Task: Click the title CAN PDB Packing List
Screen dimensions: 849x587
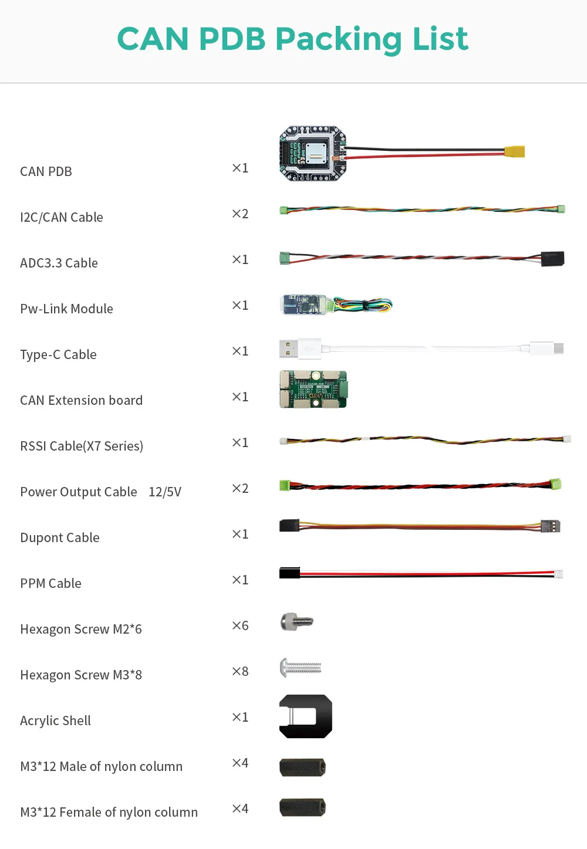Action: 292,39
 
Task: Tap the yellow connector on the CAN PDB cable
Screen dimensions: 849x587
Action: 514,151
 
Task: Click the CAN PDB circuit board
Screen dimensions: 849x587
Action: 312,153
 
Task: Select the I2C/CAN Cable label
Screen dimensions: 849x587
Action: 62,217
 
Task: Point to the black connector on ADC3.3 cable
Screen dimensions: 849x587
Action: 552,259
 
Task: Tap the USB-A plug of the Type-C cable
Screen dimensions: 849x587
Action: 288,349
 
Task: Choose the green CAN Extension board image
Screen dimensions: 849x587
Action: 313,389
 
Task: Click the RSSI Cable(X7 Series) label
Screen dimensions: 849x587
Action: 82,446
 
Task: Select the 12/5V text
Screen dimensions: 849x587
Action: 165,492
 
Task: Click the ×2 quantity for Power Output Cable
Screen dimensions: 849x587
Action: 240,488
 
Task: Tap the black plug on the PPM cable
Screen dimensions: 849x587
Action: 289,573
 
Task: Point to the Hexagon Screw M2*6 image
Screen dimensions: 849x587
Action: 296,621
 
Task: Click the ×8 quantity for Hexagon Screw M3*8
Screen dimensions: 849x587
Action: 240,671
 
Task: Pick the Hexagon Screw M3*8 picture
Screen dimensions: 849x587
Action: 301,668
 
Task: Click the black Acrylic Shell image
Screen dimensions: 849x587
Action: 306,716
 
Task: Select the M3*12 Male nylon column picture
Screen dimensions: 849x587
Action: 302,767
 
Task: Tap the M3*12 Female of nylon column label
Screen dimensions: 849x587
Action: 109,812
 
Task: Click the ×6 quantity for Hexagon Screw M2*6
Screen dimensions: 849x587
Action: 240,625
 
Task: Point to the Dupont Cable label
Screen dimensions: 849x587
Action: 60,537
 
